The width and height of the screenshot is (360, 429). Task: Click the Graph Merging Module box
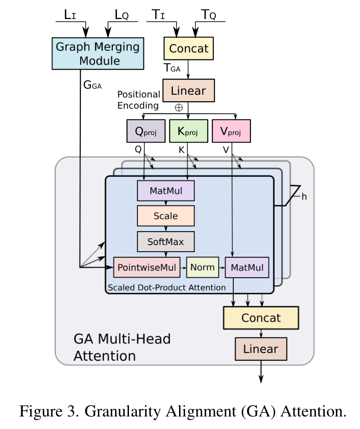point(97,53)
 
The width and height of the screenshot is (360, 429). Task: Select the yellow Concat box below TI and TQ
point(188,48)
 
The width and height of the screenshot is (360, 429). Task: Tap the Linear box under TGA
point(188,90)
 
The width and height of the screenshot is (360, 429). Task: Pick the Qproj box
point(146,131)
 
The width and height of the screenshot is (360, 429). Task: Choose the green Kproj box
point(188,131)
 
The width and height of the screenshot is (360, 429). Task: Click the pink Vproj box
point(231,131)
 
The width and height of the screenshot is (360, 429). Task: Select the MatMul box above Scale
point(166,191)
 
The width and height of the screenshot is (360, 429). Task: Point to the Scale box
point(166,216)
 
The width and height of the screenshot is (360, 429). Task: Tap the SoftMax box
point(166,241)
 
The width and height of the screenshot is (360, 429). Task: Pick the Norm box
point(202,267)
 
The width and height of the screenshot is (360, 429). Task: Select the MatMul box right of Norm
point(247,267)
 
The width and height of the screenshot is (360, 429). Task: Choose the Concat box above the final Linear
point(261,318)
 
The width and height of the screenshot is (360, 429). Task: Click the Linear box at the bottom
point(261,349)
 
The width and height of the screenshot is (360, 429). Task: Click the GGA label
point(92,84)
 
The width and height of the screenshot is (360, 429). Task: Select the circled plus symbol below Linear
point(179,107)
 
